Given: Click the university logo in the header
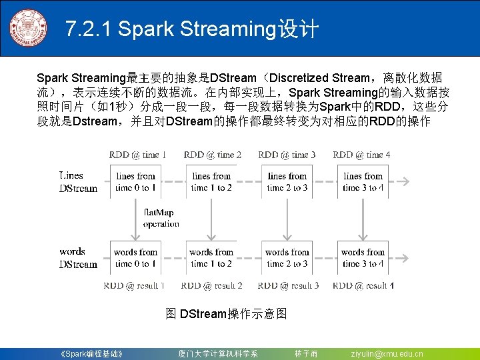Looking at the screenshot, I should click(29, 29).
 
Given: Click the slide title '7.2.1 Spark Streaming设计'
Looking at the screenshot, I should click(192, 29).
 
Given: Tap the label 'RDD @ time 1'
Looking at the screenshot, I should click(137, 155).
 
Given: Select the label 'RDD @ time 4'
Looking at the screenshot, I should click(362, 155).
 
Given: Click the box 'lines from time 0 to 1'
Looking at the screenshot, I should click(135, 182).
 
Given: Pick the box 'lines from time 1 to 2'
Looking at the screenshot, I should click(211, 182).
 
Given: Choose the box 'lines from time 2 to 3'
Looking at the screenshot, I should click(287, 182).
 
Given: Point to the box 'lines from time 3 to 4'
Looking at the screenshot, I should click(363, 182).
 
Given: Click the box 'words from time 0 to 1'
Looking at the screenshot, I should click(135, 258).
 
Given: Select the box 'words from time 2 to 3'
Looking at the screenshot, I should click(287, 258).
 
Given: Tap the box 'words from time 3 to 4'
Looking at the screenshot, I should click(363, 258).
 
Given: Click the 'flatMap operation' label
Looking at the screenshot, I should click(161, 218).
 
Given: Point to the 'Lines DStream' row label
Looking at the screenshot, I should click(77, 182).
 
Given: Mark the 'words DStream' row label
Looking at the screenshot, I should click(77, 258).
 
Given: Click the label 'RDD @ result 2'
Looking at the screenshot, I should click(211, 285).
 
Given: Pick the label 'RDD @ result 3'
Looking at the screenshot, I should click(288, 285).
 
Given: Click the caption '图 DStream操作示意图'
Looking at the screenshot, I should click(226, 313).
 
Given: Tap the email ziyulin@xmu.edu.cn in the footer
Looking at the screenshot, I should click(387, 353).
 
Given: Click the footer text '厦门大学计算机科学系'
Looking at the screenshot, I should click(218, 353).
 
